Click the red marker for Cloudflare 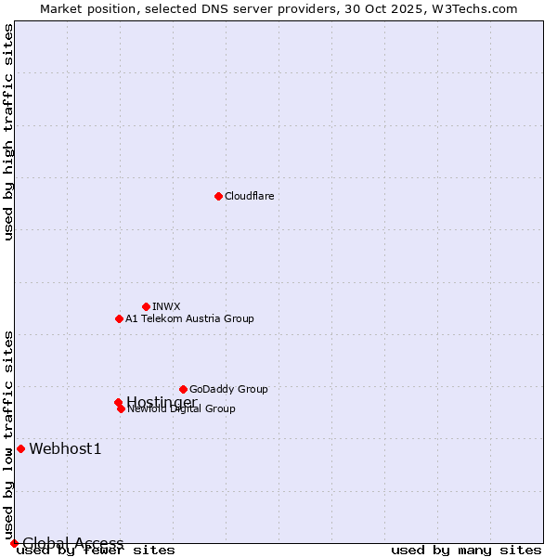click(218, 196)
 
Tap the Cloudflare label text click(249, 196)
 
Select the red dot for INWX click(146, 306)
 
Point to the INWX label click(166, 306)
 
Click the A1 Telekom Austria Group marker click(119, 318)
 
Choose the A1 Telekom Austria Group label click(189, 318)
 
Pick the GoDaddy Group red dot click(183, 389)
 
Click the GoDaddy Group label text click(228, 389)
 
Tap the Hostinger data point click(118, 402)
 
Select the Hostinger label click(162, 401)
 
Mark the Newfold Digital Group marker click(121, 408)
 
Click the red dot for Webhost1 click(20, 448)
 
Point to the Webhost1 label click(65, 449)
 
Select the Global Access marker click(14, 543)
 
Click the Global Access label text click(72, 543)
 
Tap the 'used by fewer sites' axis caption click(96, 551)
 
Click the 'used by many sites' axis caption click(466, 551)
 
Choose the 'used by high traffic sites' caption click(8, 132)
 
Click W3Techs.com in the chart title click(472, 8)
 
